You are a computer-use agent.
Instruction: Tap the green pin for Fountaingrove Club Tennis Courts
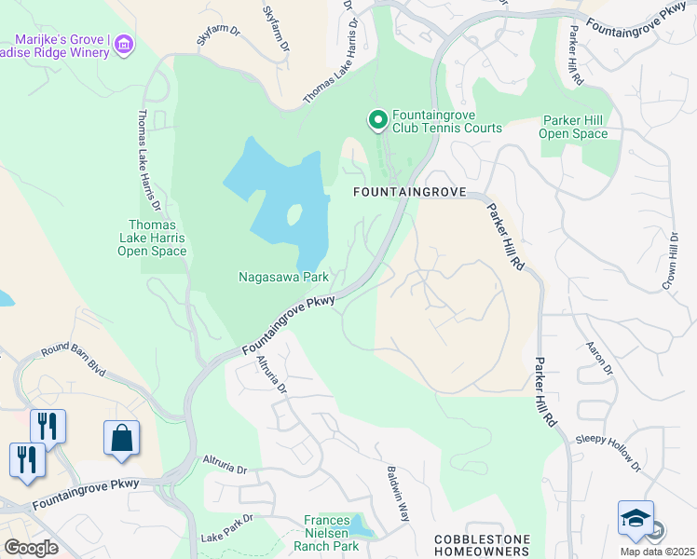point(377,120)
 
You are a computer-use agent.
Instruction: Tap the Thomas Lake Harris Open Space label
point(157,238)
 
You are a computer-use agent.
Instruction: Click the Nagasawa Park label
point(283,277)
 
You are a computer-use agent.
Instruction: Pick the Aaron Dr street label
point(599,357)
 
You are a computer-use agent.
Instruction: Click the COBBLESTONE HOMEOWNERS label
point(482,546)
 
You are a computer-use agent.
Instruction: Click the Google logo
point(31,548)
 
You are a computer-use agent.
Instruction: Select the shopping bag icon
point(121,438)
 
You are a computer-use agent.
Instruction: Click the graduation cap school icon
point(635,518)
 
